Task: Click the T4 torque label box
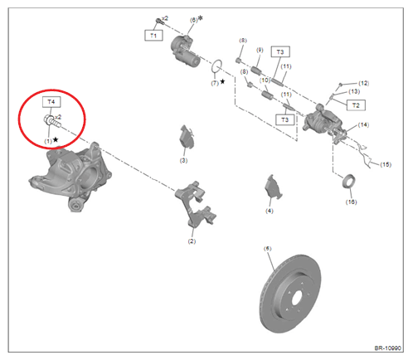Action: (x=51, y=101)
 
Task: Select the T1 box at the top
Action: (x=153, y=36)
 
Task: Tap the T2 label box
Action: (x=356, y=105)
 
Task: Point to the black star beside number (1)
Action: (x=56, y=140)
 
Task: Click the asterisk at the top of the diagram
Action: (x=200, y=17)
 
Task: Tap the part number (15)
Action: (x=385, y=165)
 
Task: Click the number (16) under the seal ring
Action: (x=351, y=202)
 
